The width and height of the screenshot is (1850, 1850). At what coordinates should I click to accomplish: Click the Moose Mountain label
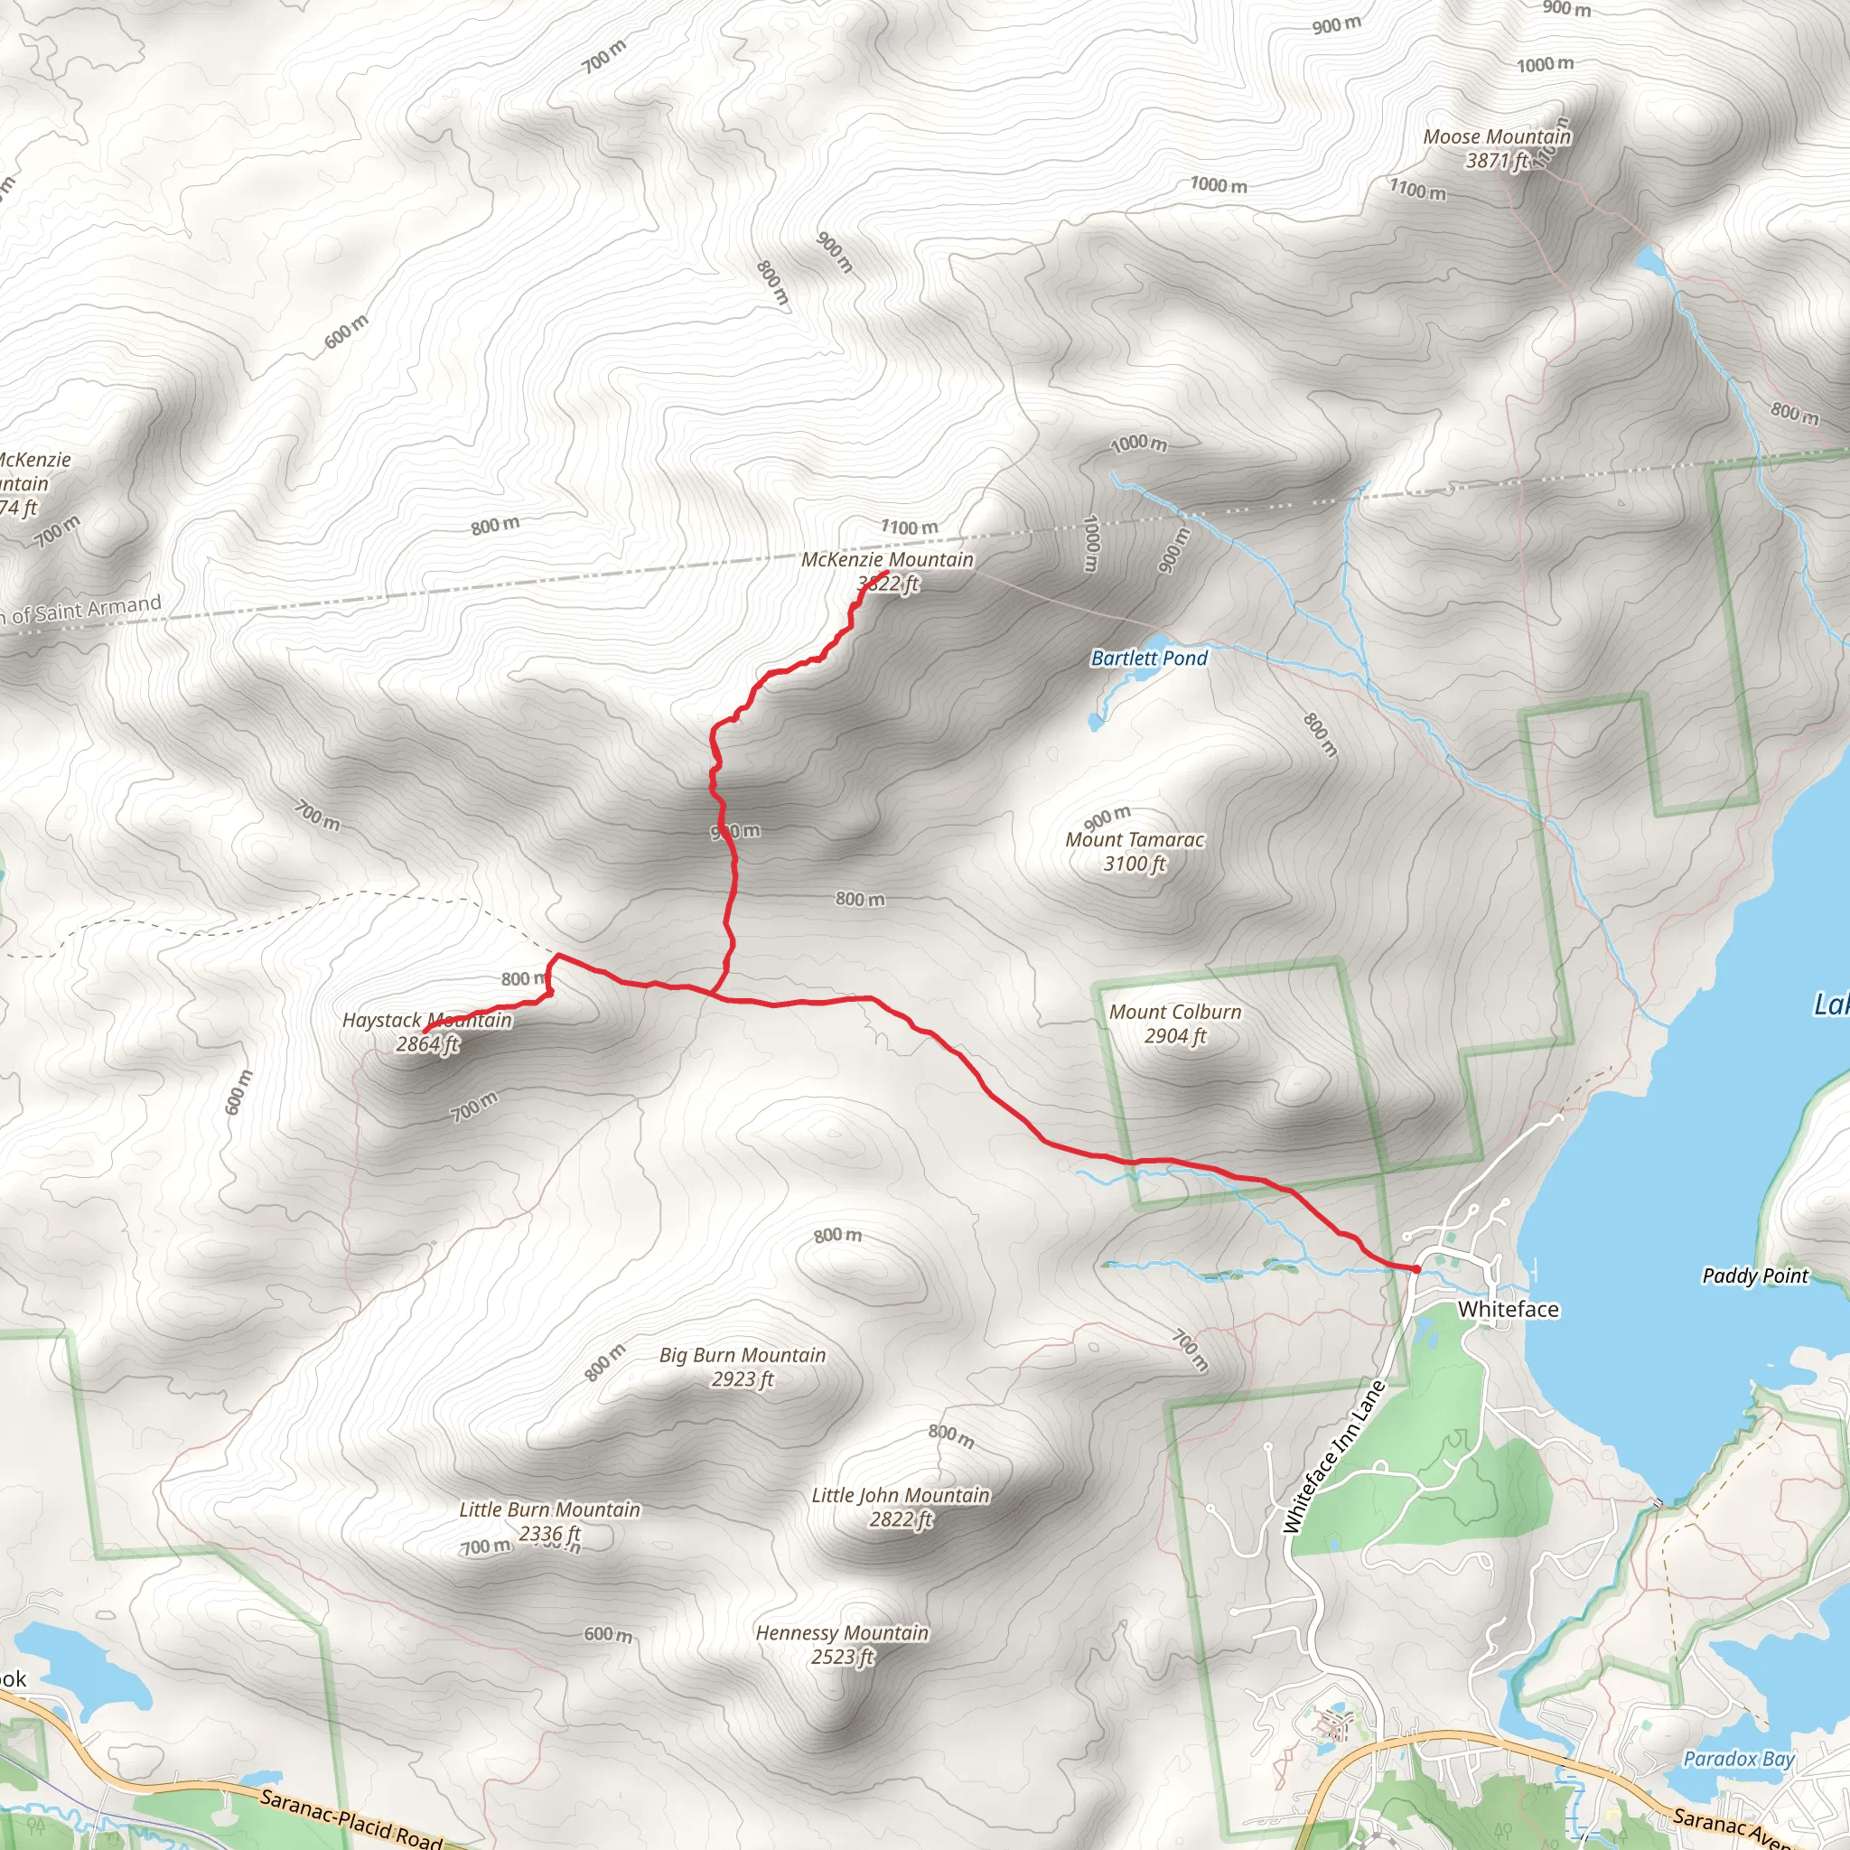click(x=1497, y=137)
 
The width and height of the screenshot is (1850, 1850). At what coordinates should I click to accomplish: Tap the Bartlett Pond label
click(x=1149, y=658)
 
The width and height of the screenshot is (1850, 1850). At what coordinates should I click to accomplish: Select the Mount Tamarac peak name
click(x=1135, y=840)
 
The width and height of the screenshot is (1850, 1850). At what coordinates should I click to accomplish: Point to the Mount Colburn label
click(x=1175, y=1012)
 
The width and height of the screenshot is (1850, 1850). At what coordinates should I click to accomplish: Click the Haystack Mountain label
click(x=427, y=1021)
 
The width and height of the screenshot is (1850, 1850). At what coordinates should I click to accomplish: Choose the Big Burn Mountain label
click(x=743, y=1355)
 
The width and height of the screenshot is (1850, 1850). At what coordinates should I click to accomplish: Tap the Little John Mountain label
click(x=900, y=1496)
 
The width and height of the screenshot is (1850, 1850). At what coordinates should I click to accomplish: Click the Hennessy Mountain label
click(x=842, y=1632)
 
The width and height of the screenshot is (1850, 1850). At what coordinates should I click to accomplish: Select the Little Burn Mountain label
click(x=549, y=1510)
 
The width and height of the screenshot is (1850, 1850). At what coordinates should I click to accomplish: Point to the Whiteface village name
click(x=1509, y=1309)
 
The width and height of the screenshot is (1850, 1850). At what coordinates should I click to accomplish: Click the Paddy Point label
click(x=1755, y=1275)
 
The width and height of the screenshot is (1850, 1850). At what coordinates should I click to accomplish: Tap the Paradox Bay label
click(x=1739, y=1759)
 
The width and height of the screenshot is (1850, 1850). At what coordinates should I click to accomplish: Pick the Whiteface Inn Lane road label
click(x=1334, y=1458)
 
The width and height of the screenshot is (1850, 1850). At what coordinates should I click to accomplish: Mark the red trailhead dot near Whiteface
click(x=1416, y=1269)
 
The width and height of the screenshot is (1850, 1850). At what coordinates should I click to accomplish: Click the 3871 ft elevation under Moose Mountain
click(x=1497, y=161)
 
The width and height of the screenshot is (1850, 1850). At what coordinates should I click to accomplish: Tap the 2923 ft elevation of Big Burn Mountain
click(x=743, y=1378)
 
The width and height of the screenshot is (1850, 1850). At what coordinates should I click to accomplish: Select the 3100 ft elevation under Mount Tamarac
click(x=1135, y=864)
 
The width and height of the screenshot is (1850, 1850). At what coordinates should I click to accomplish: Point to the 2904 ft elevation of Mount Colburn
click(x=1175, y=1036)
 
